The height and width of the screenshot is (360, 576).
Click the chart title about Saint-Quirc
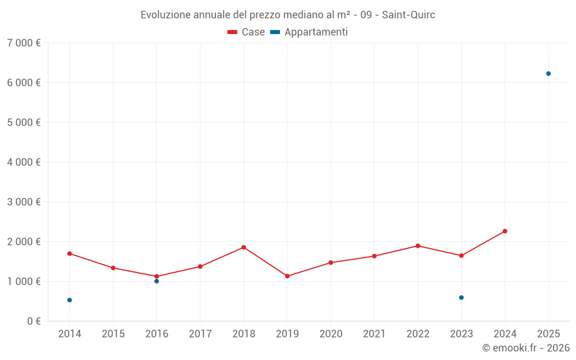(x=287, y=14)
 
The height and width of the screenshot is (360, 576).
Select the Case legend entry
(x=247, y=32)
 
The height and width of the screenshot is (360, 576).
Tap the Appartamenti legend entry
(x=309, y=32)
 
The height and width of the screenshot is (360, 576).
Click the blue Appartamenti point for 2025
(x=548, y=74)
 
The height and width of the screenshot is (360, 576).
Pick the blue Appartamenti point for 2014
(x=70, y=300)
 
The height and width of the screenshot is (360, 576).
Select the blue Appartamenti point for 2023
(x=461, y=298)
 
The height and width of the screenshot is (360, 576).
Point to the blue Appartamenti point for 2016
(x=157, y=281)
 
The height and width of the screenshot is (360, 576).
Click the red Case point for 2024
(x=505, y=231)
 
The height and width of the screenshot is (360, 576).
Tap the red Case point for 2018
(x=244, y=247)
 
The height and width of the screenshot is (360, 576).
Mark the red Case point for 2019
(x=287, y=276)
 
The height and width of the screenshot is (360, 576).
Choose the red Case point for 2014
(x=70, y=253)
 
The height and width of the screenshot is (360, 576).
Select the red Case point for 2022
(x=418, y=246)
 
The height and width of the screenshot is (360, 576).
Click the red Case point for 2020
(x=331, y=263)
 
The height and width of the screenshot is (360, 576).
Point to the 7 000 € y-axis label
(x=24, y=43)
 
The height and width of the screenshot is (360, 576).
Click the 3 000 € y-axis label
(x=24, y=202)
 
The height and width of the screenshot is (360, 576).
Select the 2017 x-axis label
(x=200, y=334)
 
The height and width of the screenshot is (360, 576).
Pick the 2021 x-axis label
(x=374, y=334)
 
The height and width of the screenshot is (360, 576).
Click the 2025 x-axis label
(x=548, y=334)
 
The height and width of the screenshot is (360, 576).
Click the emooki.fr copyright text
(x=526, y=348)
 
